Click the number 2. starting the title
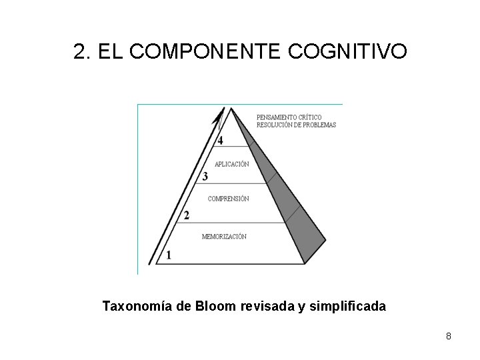82,51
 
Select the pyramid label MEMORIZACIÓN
224,237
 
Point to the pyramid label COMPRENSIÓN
228,199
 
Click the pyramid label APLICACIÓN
231,164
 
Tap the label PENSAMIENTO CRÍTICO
289,118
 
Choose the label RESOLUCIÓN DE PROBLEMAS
296,125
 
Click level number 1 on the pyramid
169,255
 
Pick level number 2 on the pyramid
187,215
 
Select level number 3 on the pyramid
205,177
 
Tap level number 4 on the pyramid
220,141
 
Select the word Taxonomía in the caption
137,307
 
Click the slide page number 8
449,336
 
